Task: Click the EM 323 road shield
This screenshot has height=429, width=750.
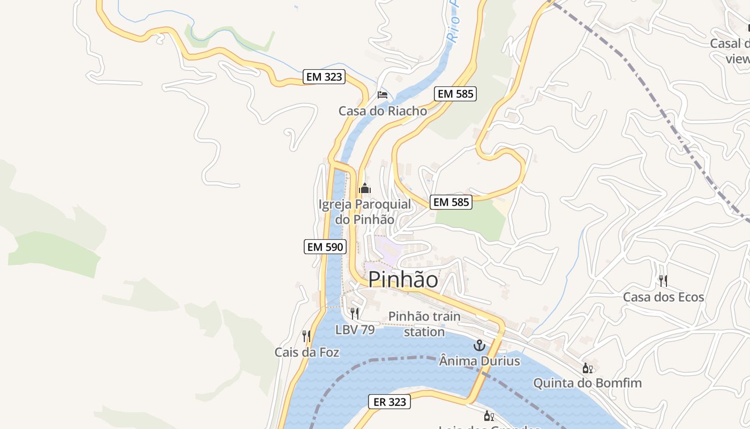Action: (x=324, y=77)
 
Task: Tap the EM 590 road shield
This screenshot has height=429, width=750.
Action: (x=326, y=247)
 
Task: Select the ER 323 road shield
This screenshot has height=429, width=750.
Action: (x=389, y=402)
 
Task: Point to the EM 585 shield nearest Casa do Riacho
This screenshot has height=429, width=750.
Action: (x=455, y=94)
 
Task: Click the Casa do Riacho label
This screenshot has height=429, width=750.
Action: (x=382, y=111)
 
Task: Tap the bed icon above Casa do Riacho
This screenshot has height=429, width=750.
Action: (x=382, y=95)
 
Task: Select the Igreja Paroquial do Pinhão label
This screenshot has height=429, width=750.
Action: (x=365, y=212)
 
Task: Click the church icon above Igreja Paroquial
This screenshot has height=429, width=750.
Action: (x=365, y=188)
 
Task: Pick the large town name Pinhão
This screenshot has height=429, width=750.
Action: (x=403, y=279)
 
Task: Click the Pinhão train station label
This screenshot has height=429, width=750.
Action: (x=424, y=324)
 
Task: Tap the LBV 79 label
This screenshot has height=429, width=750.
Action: (x=355, y=330)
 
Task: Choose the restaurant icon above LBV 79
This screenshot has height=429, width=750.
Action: (x=354, y=313)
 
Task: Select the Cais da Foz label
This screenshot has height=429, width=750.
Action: (x=307, y=352)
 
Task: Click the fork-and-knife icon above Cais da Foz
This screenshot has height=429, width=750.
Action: (x=306, y=336)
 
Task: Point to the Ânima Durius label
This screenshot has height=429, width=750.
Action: (x=479, y=361)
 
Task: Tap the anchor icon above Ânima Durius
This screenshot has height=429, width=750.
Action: (x=479, y=345)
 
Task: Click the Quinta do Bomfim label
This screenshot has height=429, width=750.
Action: (x=587, y=383)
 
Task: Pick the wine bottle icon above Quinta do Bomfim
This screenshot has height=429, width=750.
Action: (x=587, y=368)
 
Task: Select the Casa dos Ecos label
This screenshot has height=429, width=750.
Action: (x=663, y=297)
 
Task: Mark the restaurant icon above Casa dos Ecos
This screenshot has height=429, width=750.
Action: (x=663, y=280)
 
